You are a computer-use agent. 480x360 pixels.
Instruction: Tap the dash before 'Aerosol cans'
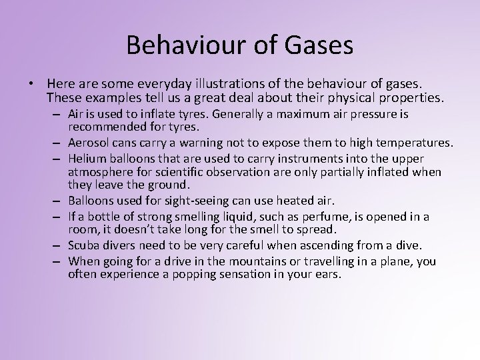point(59,143)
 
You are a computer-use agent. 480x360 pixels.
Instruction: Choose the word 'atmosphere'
point(98,172)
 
